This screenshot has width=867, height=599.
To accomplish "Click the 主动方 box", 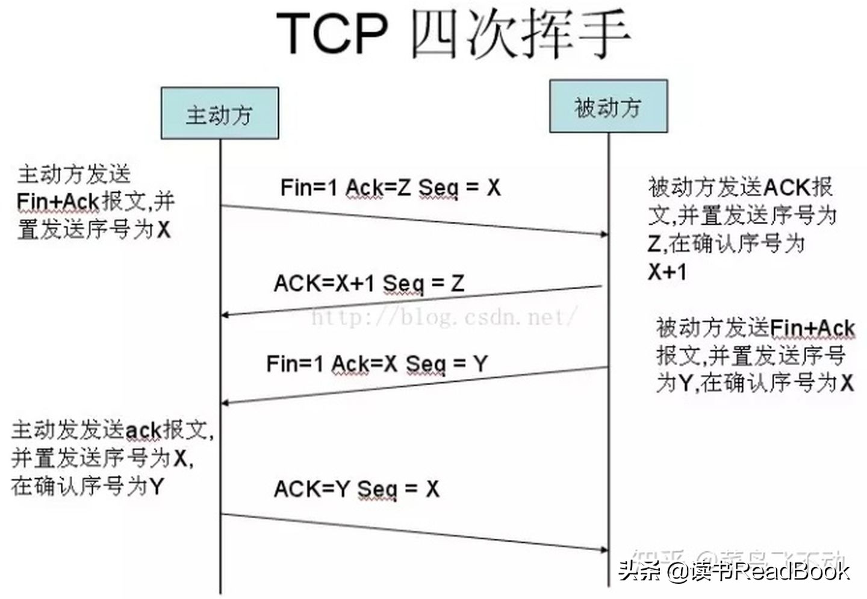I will tap(219, 113).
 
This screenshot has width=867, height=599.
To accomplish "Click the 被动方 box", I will tap(608, 107).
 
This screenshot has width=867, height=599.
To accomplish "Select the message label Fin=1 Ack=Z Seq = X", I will tap(390, 187).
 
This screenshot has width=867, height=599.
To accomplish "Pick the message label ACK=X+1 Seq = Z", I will tap(368, 283).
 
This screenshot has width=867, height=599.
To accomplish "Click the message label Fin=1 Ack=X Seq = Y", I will tap(376, 363).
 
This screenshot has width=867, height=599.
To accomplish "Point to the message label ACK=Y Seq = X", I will tap(356, 488).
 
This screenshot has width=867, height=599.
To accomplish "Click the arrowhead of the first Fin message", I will tap(604, 234).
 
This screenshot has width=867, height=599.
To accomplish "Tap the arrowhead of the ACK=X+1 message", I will tap(225, 315).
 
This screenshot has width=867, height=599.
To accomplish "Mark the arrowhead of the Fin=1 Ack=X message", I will tap(225, 403).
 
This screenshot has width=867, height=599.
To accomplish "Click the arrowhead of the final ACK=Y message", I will tap(604, 549).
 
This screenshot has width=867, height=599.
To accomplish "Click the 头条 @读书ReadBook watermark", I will tap(733, 570).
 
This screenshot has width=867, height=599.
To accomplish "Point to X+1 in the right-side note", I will tap(667, 272).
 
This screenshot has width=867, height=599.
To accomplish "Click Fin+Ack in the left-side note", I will tap(58, 201).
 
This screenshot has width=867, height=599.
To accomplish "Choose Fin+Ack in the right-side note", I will tap(812, 328).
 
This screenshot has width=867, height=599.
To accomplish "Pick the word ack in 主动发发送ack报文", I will tap(144, 430).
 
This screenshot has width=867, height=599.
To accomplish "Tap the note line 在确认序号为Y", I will tap(87, 486).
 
